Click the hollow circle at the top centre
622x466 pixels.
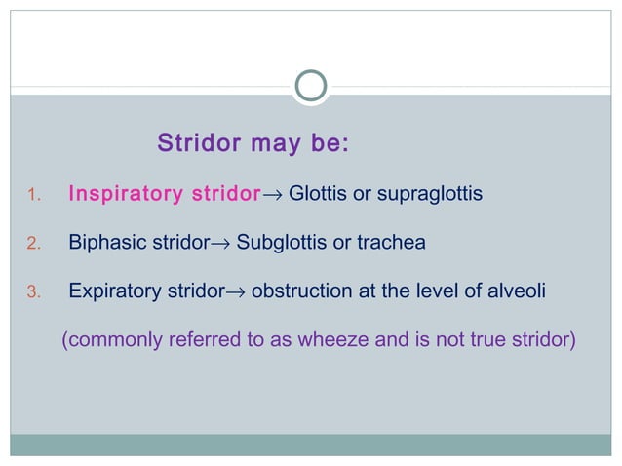click(310, 87)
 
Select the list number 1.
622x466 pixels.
click(30, 195)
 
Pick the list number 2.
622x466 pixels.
click(30, 243)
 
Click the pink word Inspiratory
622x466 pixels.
click(121, 194)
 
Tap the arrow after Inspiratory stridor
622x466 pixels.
click(273, 195)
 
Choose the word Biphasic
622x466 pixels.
click(106, 242)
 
